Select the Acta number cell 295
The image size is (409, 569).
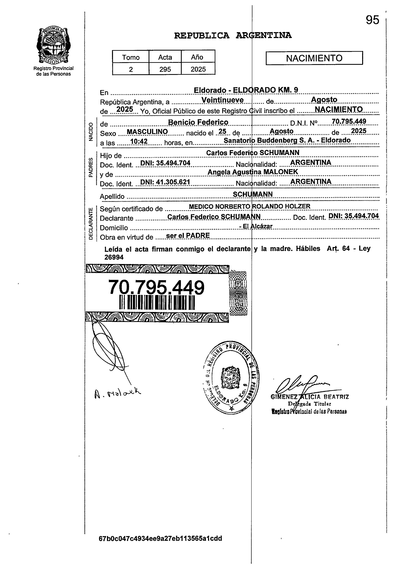[165, 69]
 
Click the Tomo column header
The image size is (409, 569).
[131, 57]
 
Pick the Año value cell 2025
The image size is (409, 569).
[198, 69]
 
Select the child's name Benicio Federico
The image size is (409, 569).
[198, 122]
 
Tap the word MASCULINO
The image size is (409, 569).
[147, 132]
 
